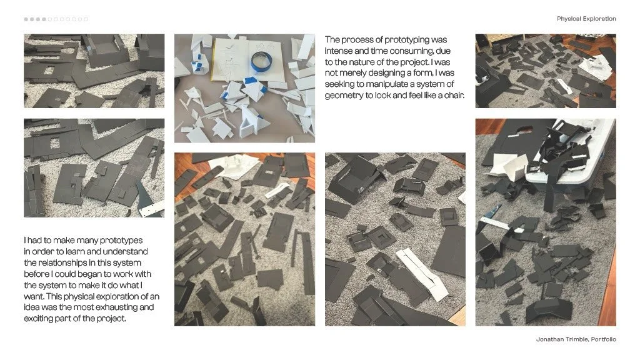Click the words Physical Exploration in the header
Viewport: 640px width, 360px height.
pos(586,19)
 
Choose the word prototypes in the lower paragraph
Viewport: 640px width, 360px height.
pos(121,241)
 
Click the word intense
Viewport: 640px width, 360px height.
pos(338,51)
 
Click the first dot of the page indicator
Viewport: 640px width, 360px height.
pos(26,19)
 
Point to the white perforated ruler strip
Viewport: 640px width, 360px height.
pos(152,209)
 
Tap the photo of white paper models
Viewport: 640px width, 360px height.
pos(244,88)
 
